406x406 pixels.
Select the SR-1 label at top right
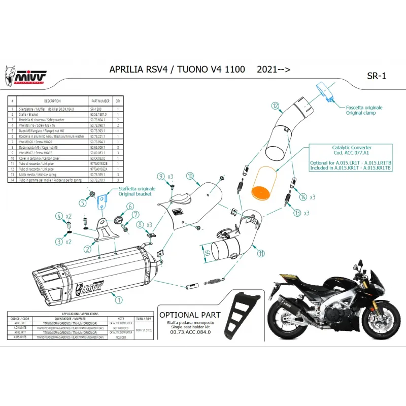point(376,76)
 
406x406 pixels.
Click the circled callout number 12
point(275,106)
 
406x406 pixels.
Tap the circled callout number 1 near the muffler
point(119,300)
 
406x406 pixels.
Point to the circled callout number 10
point(190,177)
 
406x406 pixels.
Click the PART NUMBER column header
point(99,101)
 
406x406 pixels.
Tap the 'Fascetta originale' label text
point(364,108)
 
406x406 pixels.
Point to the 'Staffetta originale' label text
point(138,188)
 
